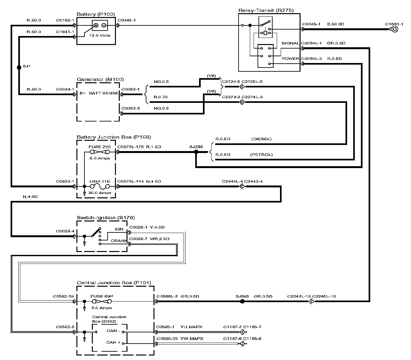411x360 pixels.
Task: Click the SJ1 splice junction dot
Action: pos(19,67)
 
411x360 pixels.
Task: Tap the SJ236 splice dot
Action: pos(196,152)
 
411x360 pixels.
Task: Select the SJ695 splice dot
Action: pos(242,301)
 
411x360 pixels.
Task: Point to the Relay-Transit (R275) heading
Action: pos(266,10)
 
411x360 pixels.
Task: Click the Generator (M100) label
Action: pos(100,79)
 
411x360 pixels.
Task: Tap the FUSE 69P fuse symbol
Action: pos(101,301)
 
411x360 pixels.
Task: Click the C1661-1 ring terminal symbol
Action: pos(394,29)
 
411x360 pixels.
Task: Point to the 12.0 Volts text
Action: pos(100,35)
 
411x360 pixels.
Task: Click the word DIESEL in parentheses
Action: pos(262,139)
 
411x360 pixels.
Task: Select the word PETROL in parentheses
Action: pos(261,155)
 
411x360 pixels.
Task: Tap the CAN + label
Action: pos(113,342)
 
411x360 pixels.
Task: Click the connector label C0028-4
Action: pos(65,231)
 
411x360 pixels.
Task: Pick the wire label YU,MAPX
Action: pos(191,327)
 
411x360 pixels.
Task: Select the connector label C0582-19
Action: pos(64,296)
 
